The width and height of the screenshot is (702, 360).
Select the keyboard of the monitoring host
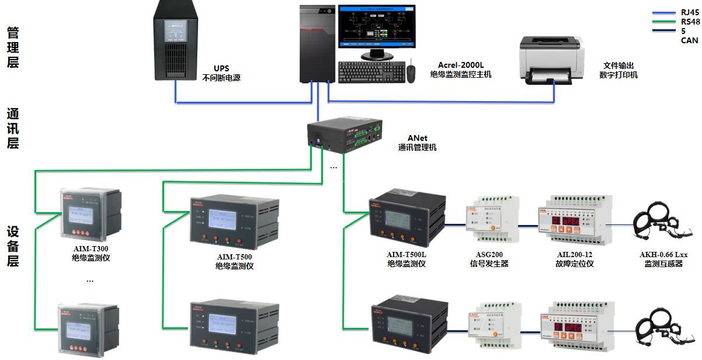371,72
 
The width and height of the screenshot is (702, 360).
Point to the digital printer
552,58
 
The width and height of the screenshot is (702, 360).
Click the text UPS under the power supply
221,68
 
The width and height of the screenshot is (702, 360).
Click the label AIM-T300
91,248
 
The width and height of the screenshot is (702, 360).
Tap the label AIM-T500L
406,255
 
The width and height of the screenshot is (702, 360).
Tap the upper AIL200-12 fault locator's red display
566,221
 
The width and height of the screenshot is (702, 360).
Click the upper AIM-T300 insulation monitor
90,214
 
